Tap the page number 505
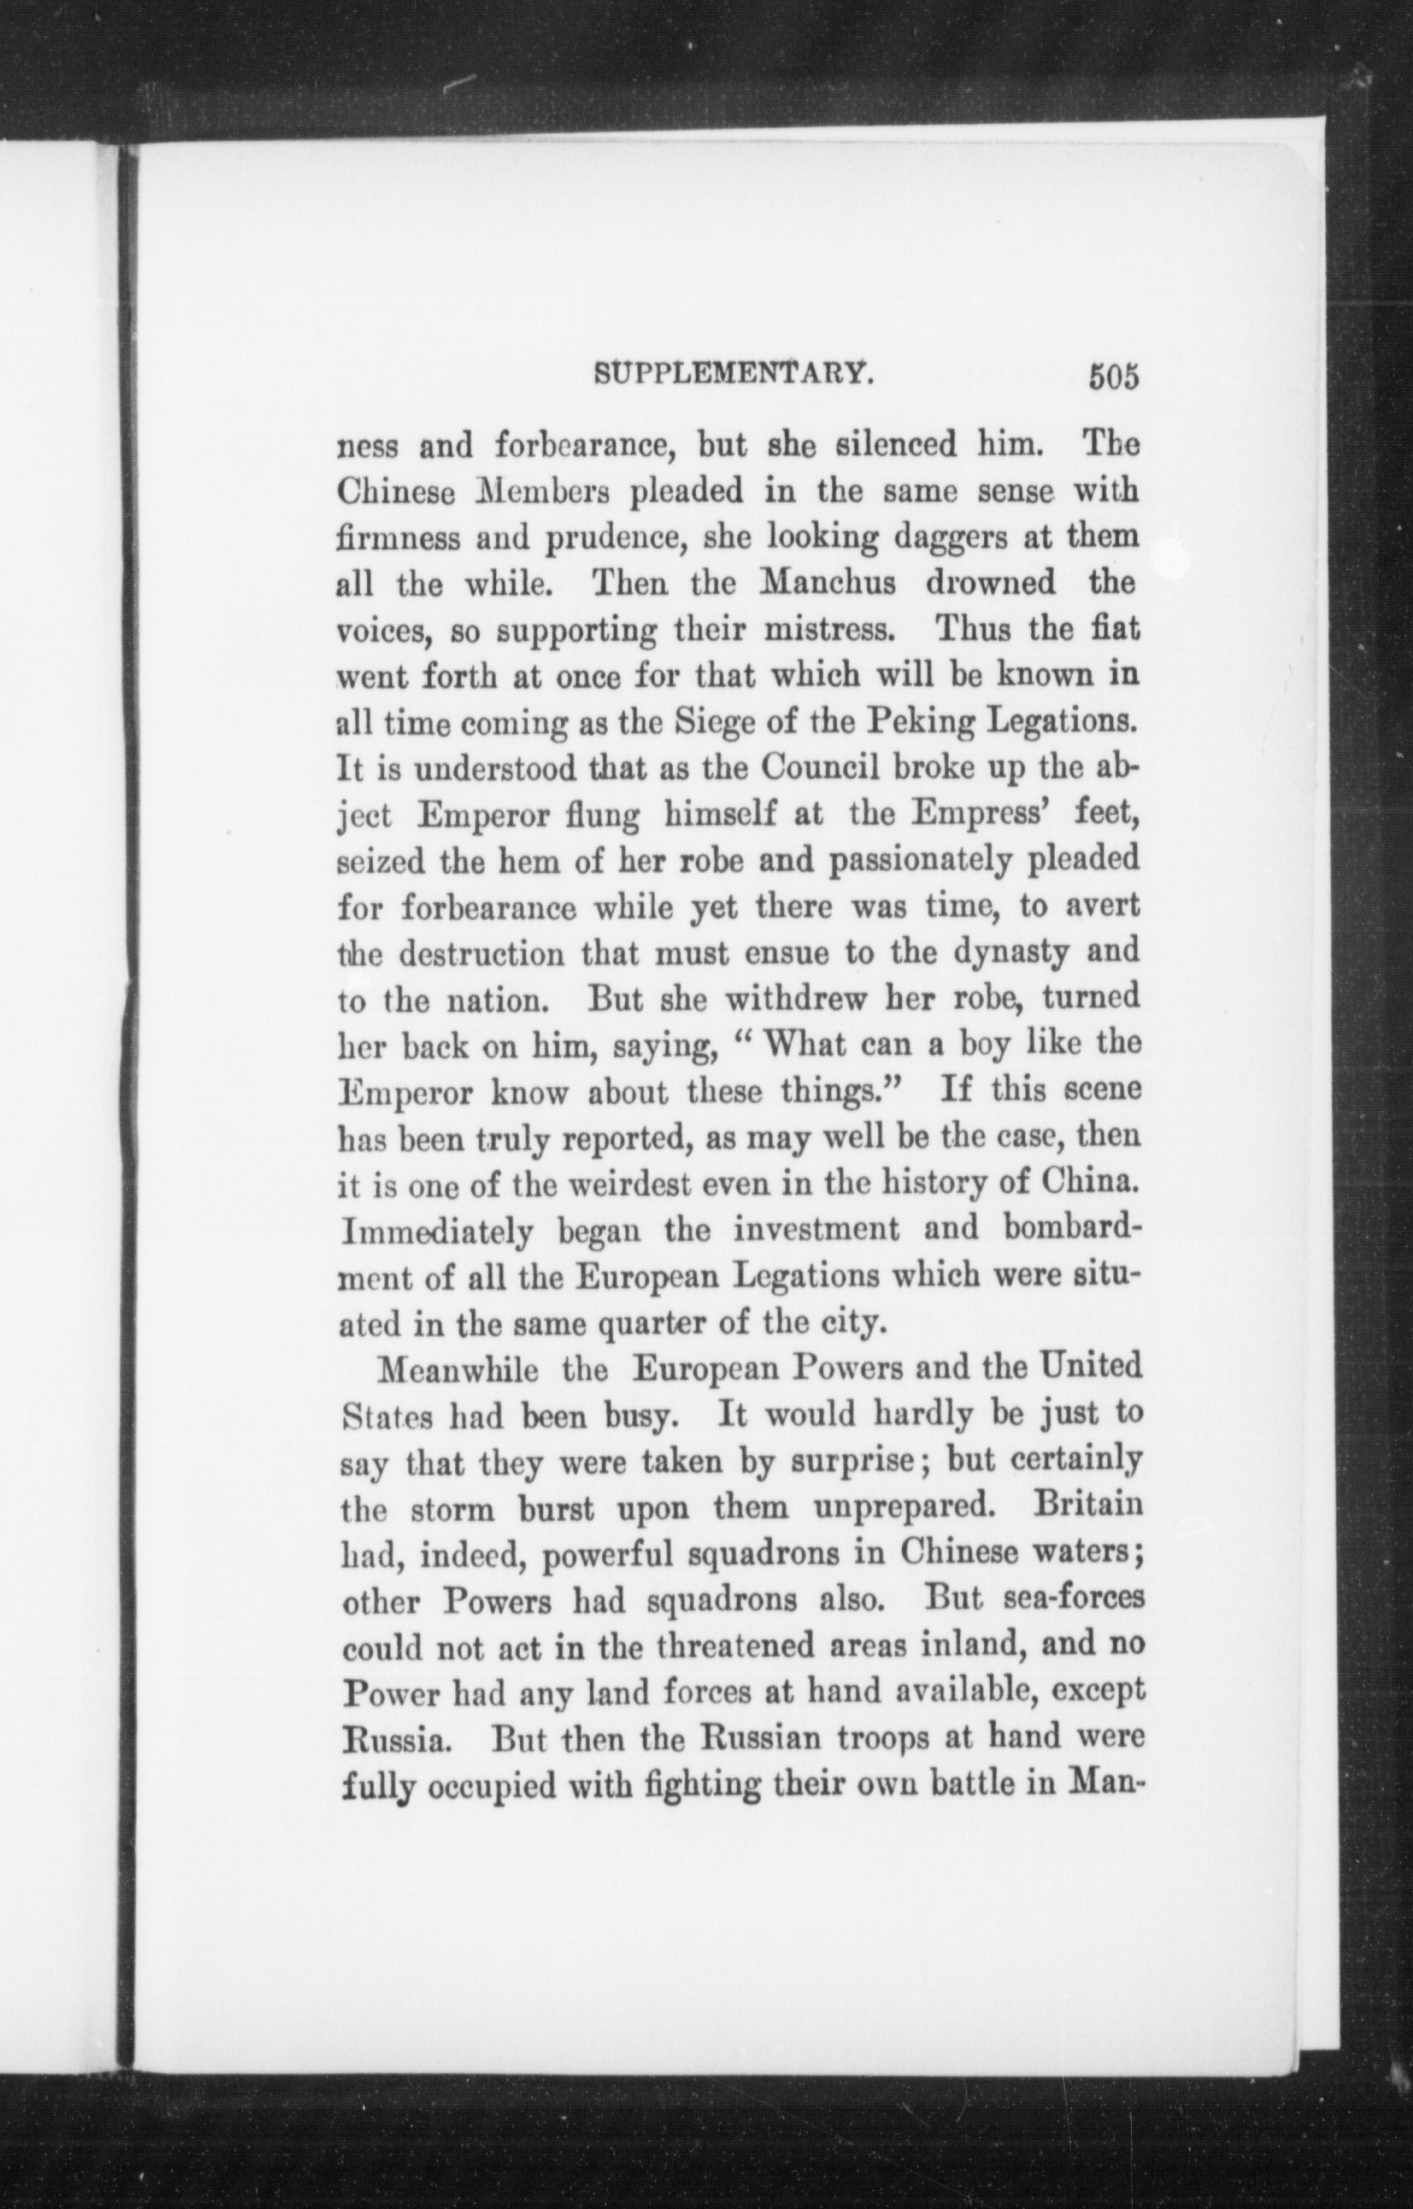pos(1112,376)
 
